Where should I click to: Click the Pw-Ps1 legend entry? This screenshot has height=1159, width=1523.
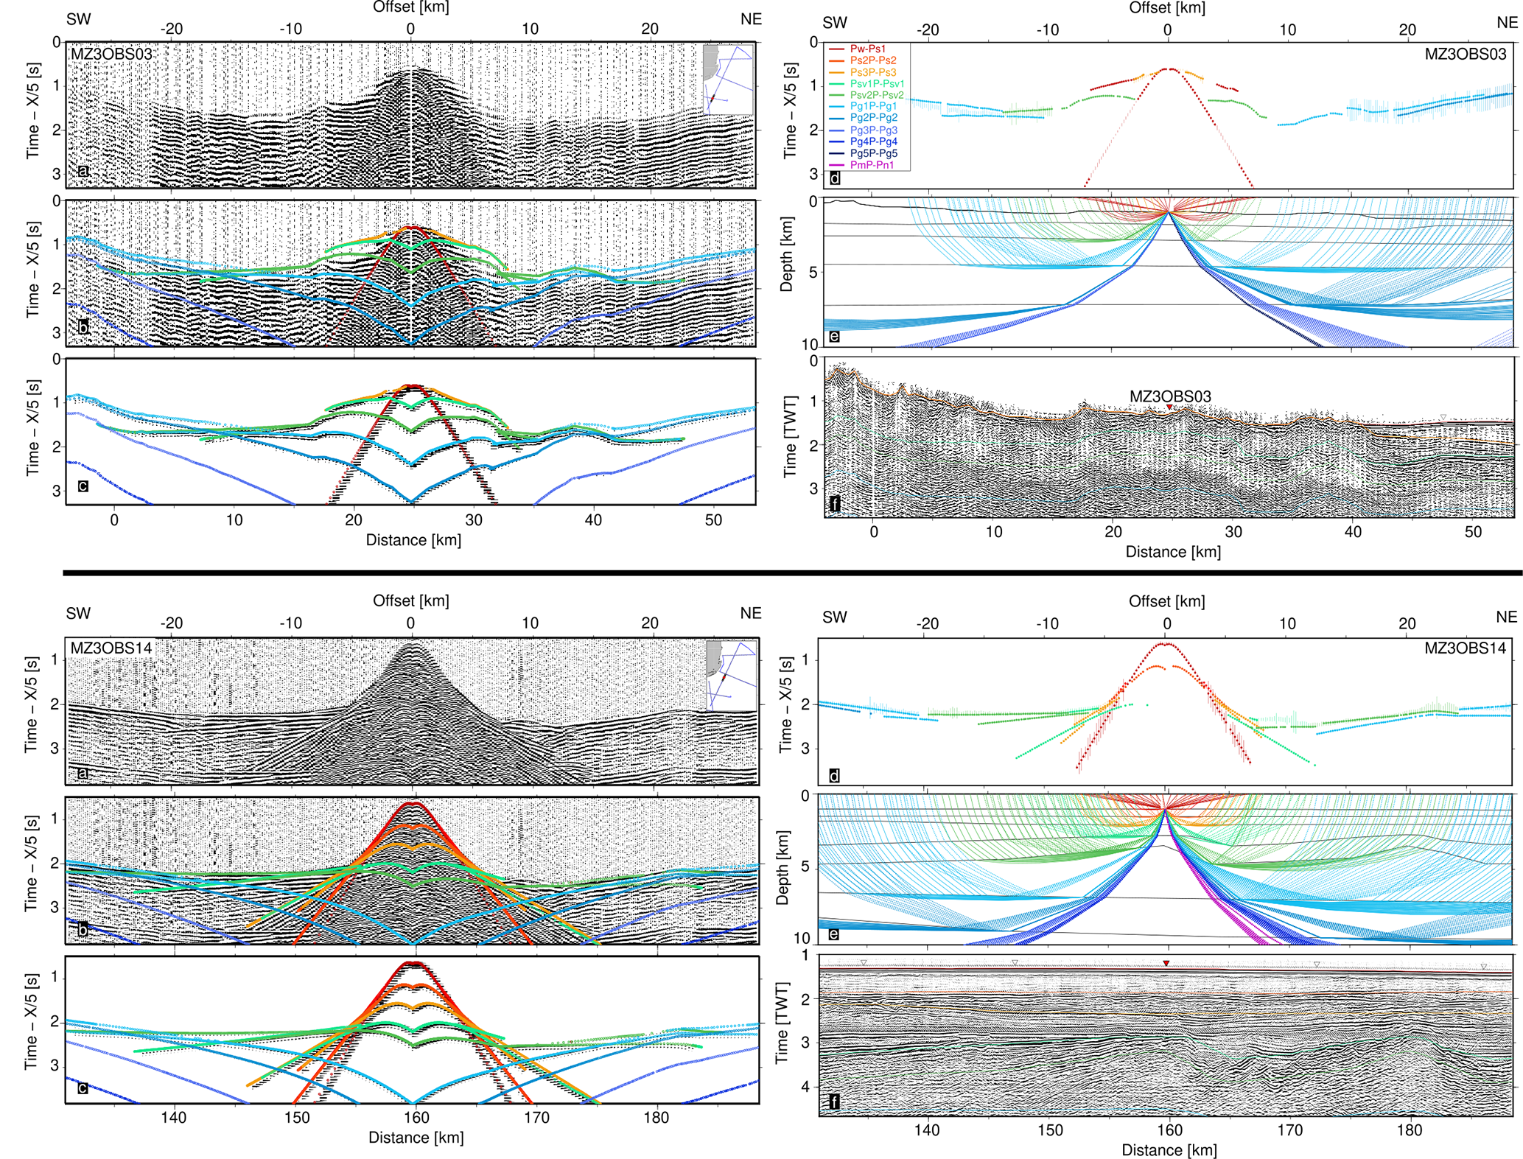click(867, 49)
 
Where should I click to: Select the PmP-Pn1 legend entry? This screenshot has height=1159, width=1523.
click(872, 165)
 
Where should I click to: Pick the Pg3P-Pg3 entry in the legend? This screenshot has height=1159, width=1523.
click(873, 130)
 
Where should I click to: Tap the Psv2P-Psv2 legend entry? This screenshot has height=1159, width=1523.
click(876, 95)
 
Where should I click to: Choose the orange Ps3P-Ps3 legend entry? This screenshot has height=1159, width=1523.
click(872, 72)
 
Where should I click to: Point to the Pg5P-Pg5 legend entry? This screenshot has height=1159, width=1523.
click(873, 153)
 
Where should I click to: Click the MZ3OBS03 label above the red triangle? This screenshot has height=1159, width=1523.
click(1169, 396)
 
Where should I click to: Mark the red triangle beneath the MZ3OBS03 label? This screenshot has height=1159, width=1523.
click(1169, 407)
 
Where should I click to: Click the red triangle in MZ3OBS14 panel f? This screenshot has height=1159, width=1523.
click(1166, 963)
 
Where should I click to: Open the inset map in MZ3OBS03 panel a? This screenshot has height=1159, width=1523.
click(728, 79)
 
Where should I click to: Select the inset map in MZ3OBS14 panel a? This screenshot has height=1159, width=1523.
click(731, 675)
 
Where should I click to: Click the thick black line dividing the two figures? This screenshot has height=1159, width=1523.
click(792, 572)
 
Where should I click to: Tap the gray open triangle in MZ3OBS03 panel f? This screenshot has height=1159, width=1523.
click(1443, 418)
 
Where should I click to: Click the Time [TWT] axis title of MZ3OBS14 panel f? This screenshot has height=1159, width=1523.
click(782, 1022)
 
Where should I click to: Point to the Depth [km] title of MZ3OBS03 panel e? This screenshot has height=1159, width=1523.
click(787, 254)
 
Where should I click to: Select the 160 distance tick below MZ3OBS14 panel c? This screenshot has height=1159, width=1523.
click(416, 1117)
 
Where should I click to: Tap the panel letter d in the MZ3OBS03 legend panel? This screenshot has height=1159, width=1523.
click(834, 178)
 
